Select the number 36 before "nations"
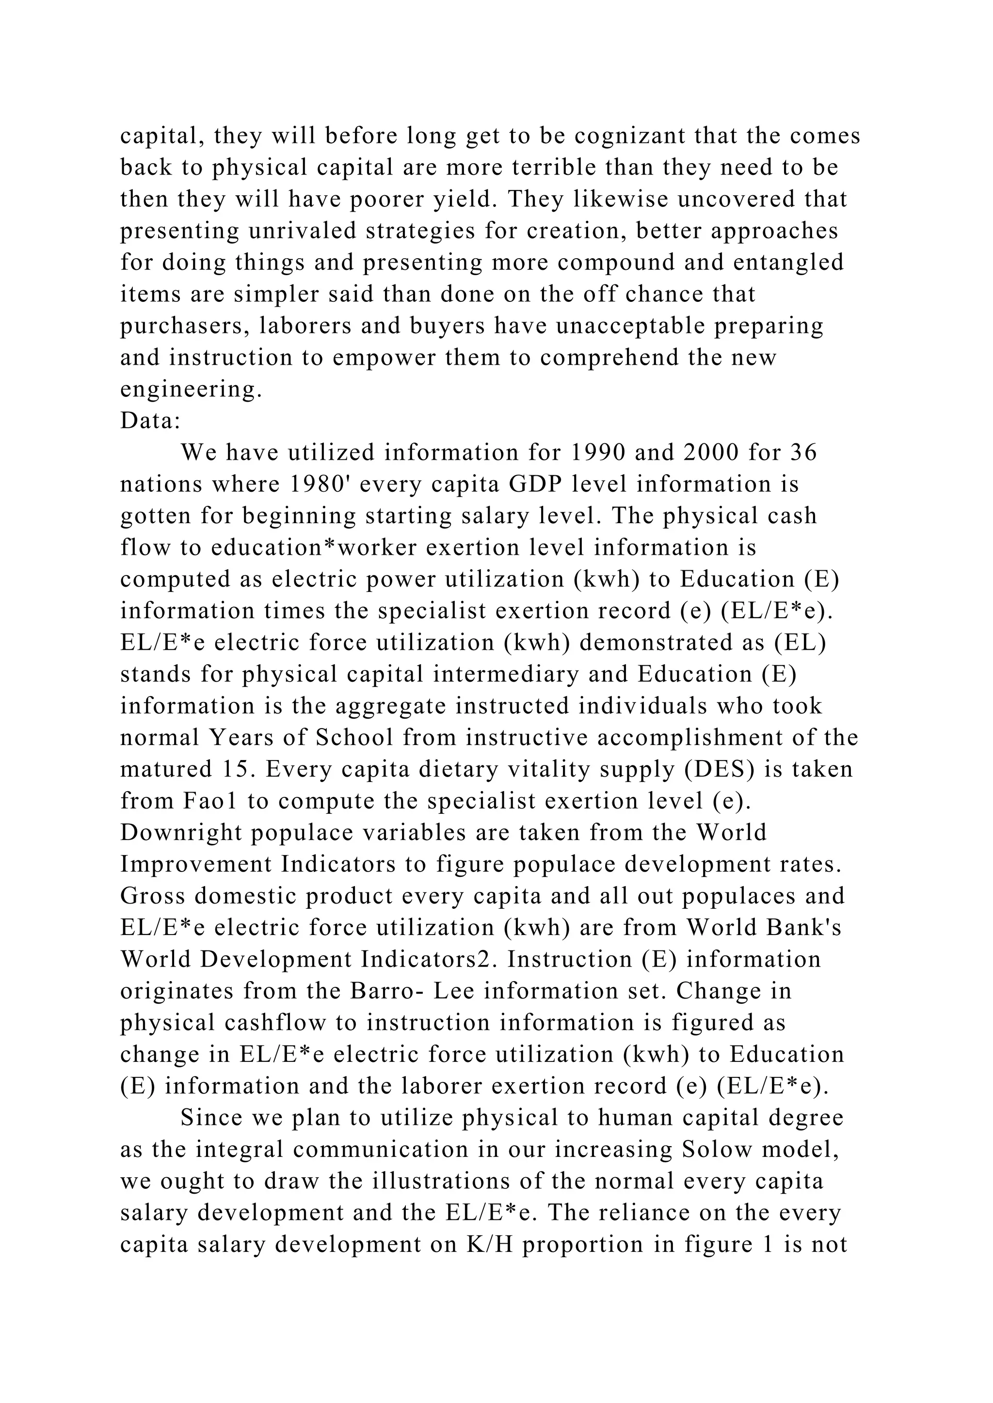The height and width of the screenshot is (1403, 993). coord(803,452)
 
